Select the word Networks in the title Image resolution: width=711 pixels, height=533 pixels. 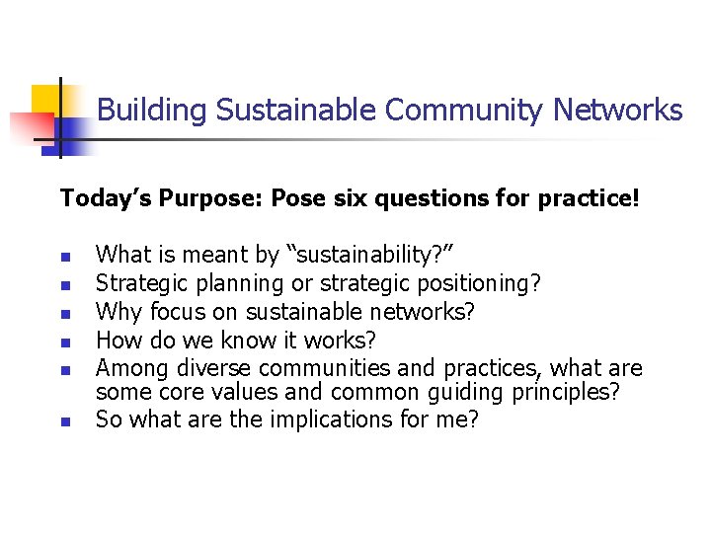coord(618,110)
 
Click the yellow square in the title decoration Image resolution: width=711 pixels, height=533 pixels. coord(46,99)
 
